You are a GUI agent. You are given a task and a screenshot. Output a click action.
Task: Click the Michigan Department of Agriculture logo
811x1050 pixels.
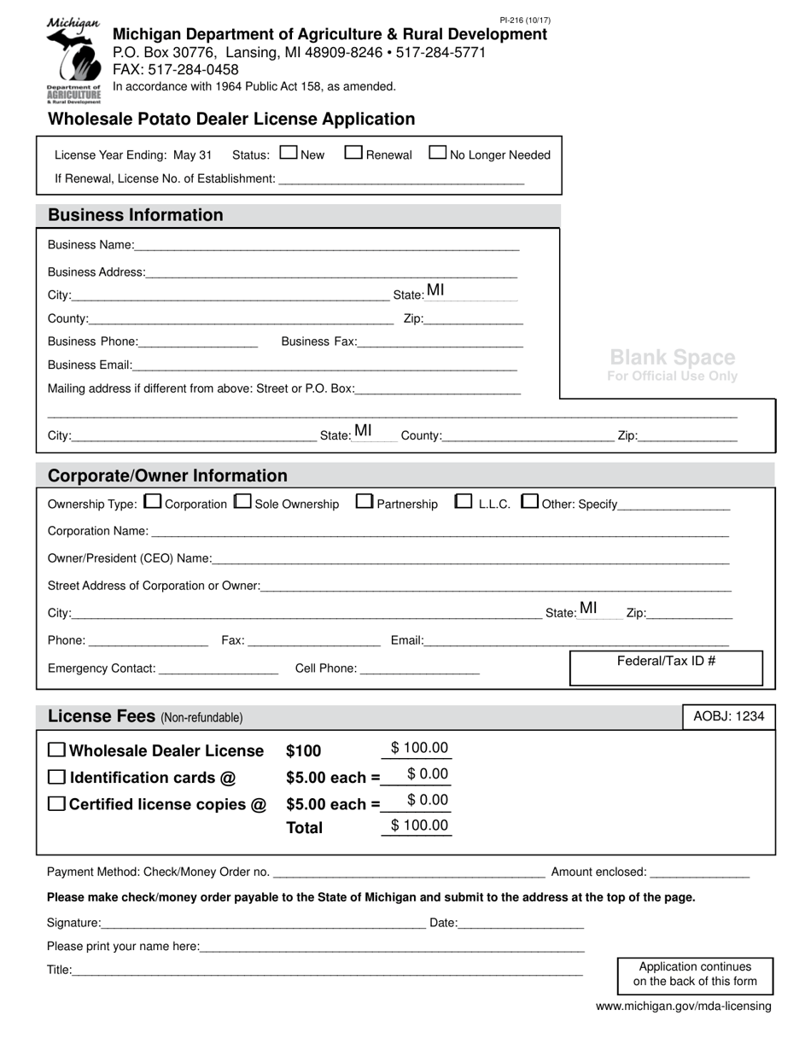(x=73, y=61)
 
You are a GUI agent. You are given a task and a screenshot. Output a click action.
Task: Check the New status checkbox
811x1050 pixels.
(x=289, y=153)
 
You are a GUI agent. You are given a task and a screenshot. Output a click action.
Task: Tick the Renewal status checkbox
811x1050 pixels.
(x=353, y=153)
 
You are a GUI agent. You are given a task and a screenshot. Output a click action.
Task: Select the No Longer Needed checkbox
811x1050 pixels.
(x=437, y=153)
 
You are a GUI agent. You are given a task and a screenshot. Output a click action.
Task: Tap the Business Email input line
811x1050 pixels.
(x=324, y=365)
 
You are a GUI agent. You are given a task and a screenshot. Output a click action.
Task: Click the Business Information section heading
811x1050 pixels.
(x=135, y=215)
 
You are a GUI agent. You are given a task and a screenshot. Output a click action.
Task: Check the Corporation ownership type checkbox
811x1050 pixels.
(x=153, y=502)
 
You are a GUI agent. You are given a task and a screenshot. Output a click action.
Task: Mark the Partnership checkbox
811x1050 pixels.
(x=365, y=502)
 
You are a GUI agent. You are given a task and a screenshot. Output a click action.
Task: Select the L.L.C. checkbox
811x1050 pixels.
(x=464, y=502)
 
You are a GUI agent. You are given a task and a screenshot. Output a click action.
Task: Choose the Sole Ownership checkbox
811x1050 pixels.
(x=242, y=502)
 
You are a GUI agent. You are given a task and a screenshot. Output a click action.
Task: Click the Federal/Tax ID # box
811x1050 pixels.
(x=666, y=668)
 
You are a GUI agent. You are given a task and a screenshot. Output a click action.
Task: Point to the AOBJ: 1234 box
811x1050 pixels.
(x=728, y=716)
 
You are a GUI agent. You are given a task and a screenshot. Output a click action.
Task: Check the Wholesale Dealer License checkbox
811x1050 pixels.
(x=56, y=750)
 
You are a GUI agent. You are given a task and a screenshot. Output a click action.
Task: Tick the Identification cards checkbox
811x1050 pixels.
(x=56, y=777)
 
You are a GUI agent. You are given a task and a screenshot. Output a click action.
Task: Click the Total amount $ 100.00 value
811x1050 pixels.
(x=418, y=825)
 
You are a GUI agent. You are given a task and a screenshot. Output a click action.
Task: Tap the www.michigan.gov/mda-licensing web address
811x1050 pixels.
(x=683, y=1006)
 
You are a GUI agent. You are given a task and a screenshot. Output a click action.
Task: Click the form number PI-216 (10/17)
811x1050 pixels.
(x=525, y=20)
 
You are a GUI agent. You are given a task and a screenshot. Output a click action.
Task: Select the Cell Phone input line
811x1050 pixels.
(x=420, y=668)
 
